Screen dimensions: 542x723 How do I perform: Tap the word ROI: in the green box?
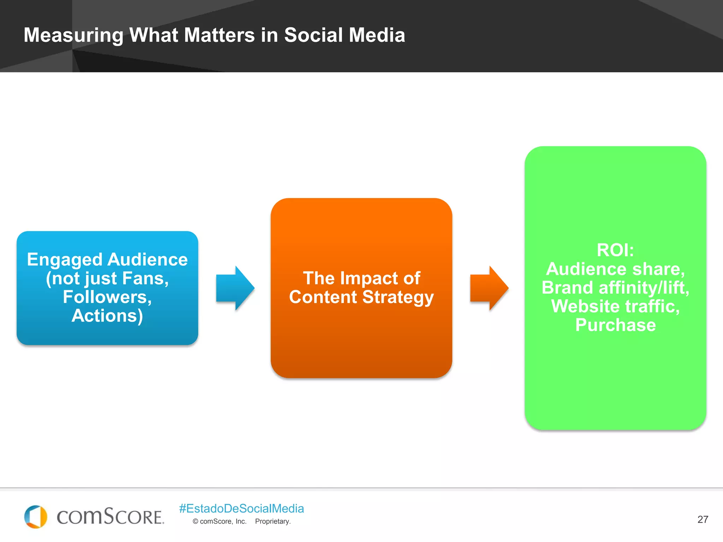[x=615, y=250]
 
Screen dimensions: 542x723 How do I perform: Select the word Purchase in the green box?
[x=615, y=325]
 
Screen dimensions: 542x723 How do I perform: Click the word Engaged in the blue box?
[x=65, y=260]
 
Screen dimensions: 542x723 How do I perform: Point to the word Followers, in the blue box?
[x=107, y=297]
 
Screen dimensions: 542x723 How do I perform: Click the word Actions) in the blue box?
[x=107, y=316]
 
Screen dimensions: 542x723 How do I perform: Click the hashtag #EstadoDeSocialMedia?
[x=241, y=508]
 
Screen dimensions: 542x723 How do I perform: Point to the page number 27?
[x=703, y=519]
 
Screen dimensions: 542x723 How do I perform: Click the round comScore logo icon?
[x=36, y=517]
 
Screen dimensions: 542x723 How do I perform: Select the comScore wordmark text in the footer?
[x=110, y=517]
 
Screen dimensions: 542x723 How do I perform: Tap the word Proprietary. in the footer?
[x=273, y=522]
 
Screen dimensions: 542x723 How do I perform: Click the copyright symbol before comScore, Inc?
[x=195, y=522]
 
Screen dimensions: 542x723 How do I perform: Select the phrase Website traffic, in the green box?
[x=615, y=306]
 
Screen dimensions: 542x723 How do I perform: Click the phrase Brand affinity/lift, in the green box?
[x=615, y=288]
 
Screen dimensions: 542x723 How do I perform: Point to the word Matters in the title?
[x=219, y=35]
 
